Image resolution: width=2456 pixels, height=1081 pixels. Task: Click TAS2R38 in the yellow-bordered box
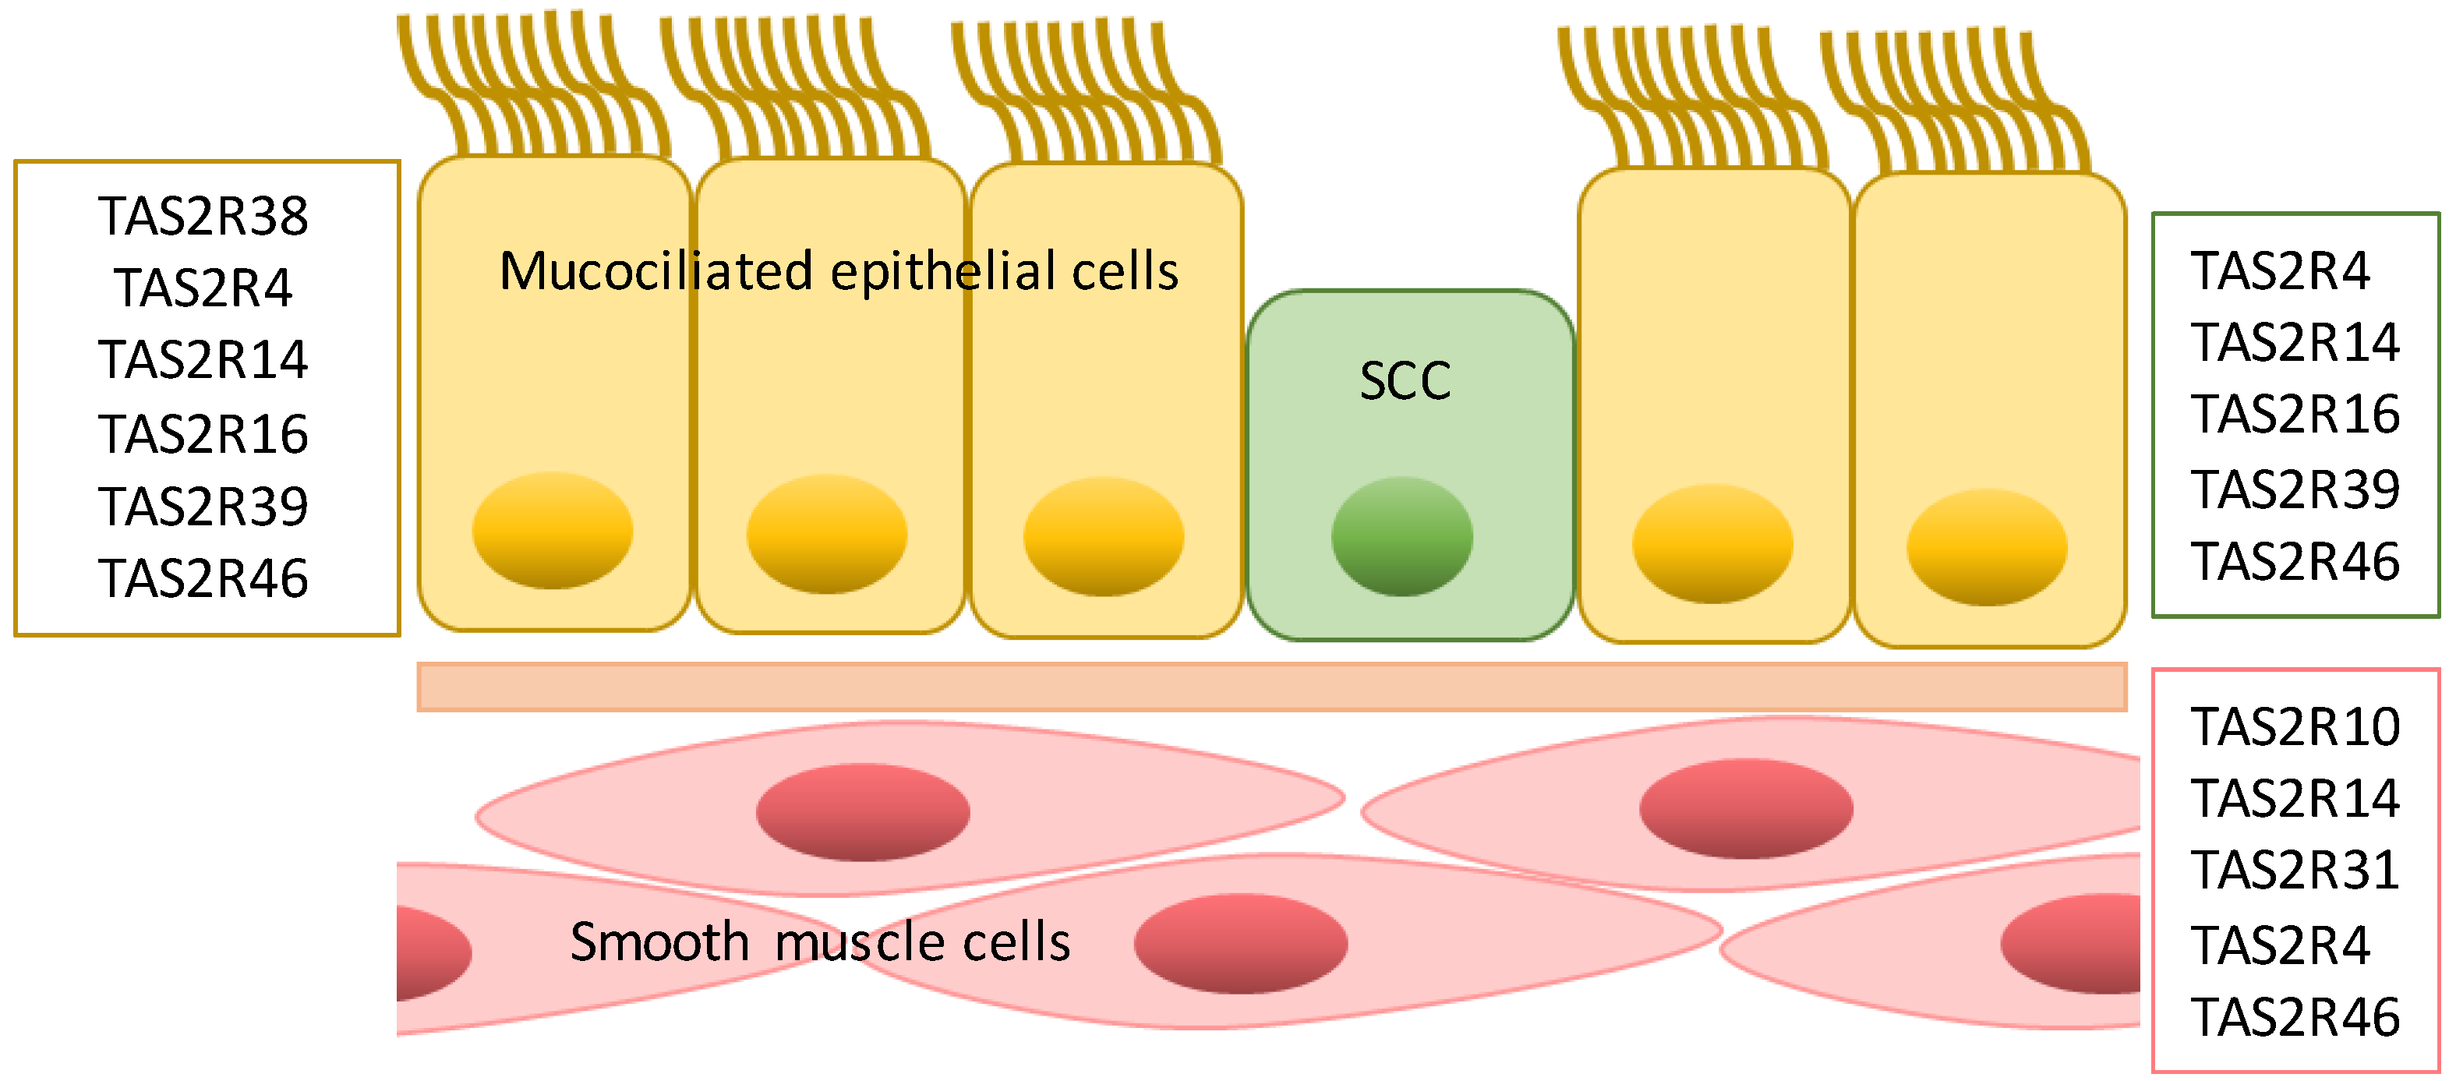click(203, 217)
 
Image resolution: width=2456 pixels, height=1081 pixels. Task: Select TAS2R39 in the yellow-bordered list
click(203, 506)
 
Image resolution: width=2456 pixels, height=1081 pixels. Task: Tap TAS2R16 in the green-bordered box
click(2294, 415)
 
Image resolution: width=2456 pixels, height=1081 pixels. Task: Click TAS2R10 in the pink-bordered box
click(2294, 727)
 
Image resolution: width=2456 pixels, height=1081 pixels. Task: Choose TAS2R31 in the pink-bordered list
click(2294, 871)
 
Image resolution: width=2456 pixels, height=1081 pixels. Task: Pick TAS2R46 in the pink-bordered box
click(2294, 1017)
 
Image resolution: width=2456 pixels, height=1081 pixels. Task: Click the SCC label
click(1405, 381)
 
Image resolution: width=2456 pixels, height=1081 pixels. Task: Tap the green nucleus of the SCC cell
click(1401, 537)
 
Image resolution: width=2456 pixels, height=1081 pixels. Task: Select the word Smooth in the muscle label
click(659, 943)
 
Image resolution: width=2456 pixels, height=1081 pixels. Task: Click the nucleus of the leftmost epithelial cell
click(552, 530)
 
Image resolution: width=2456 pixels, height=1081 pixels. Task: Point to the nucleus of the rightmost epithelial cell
click(1986, 547)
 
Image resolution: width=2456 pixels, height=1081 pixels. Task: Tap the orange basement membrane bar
click(1271, 687)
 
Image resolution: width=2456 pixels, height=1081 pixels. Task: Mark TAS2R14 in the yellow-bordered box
click(203, 360)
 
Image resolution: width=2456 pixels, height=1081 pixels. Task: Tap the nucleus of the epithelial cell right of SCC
click(1712, 543)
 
